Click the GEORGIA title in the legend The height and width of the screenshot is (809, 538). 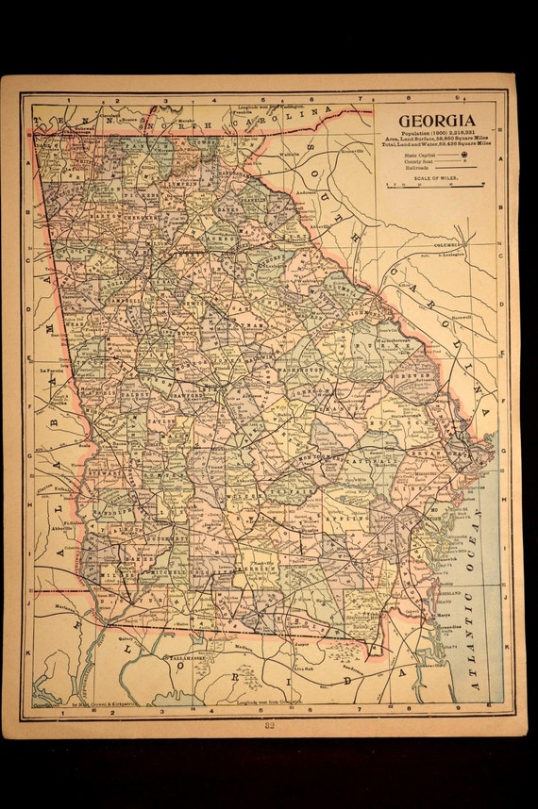pyautogui.click(x=436, y=121)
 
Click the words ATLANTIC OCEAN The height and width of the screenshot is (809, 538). pyautogui.click(x=471, y=603)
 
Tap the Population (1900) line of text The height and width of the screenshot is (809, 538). pyautogui.click(x=435, y=136)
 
